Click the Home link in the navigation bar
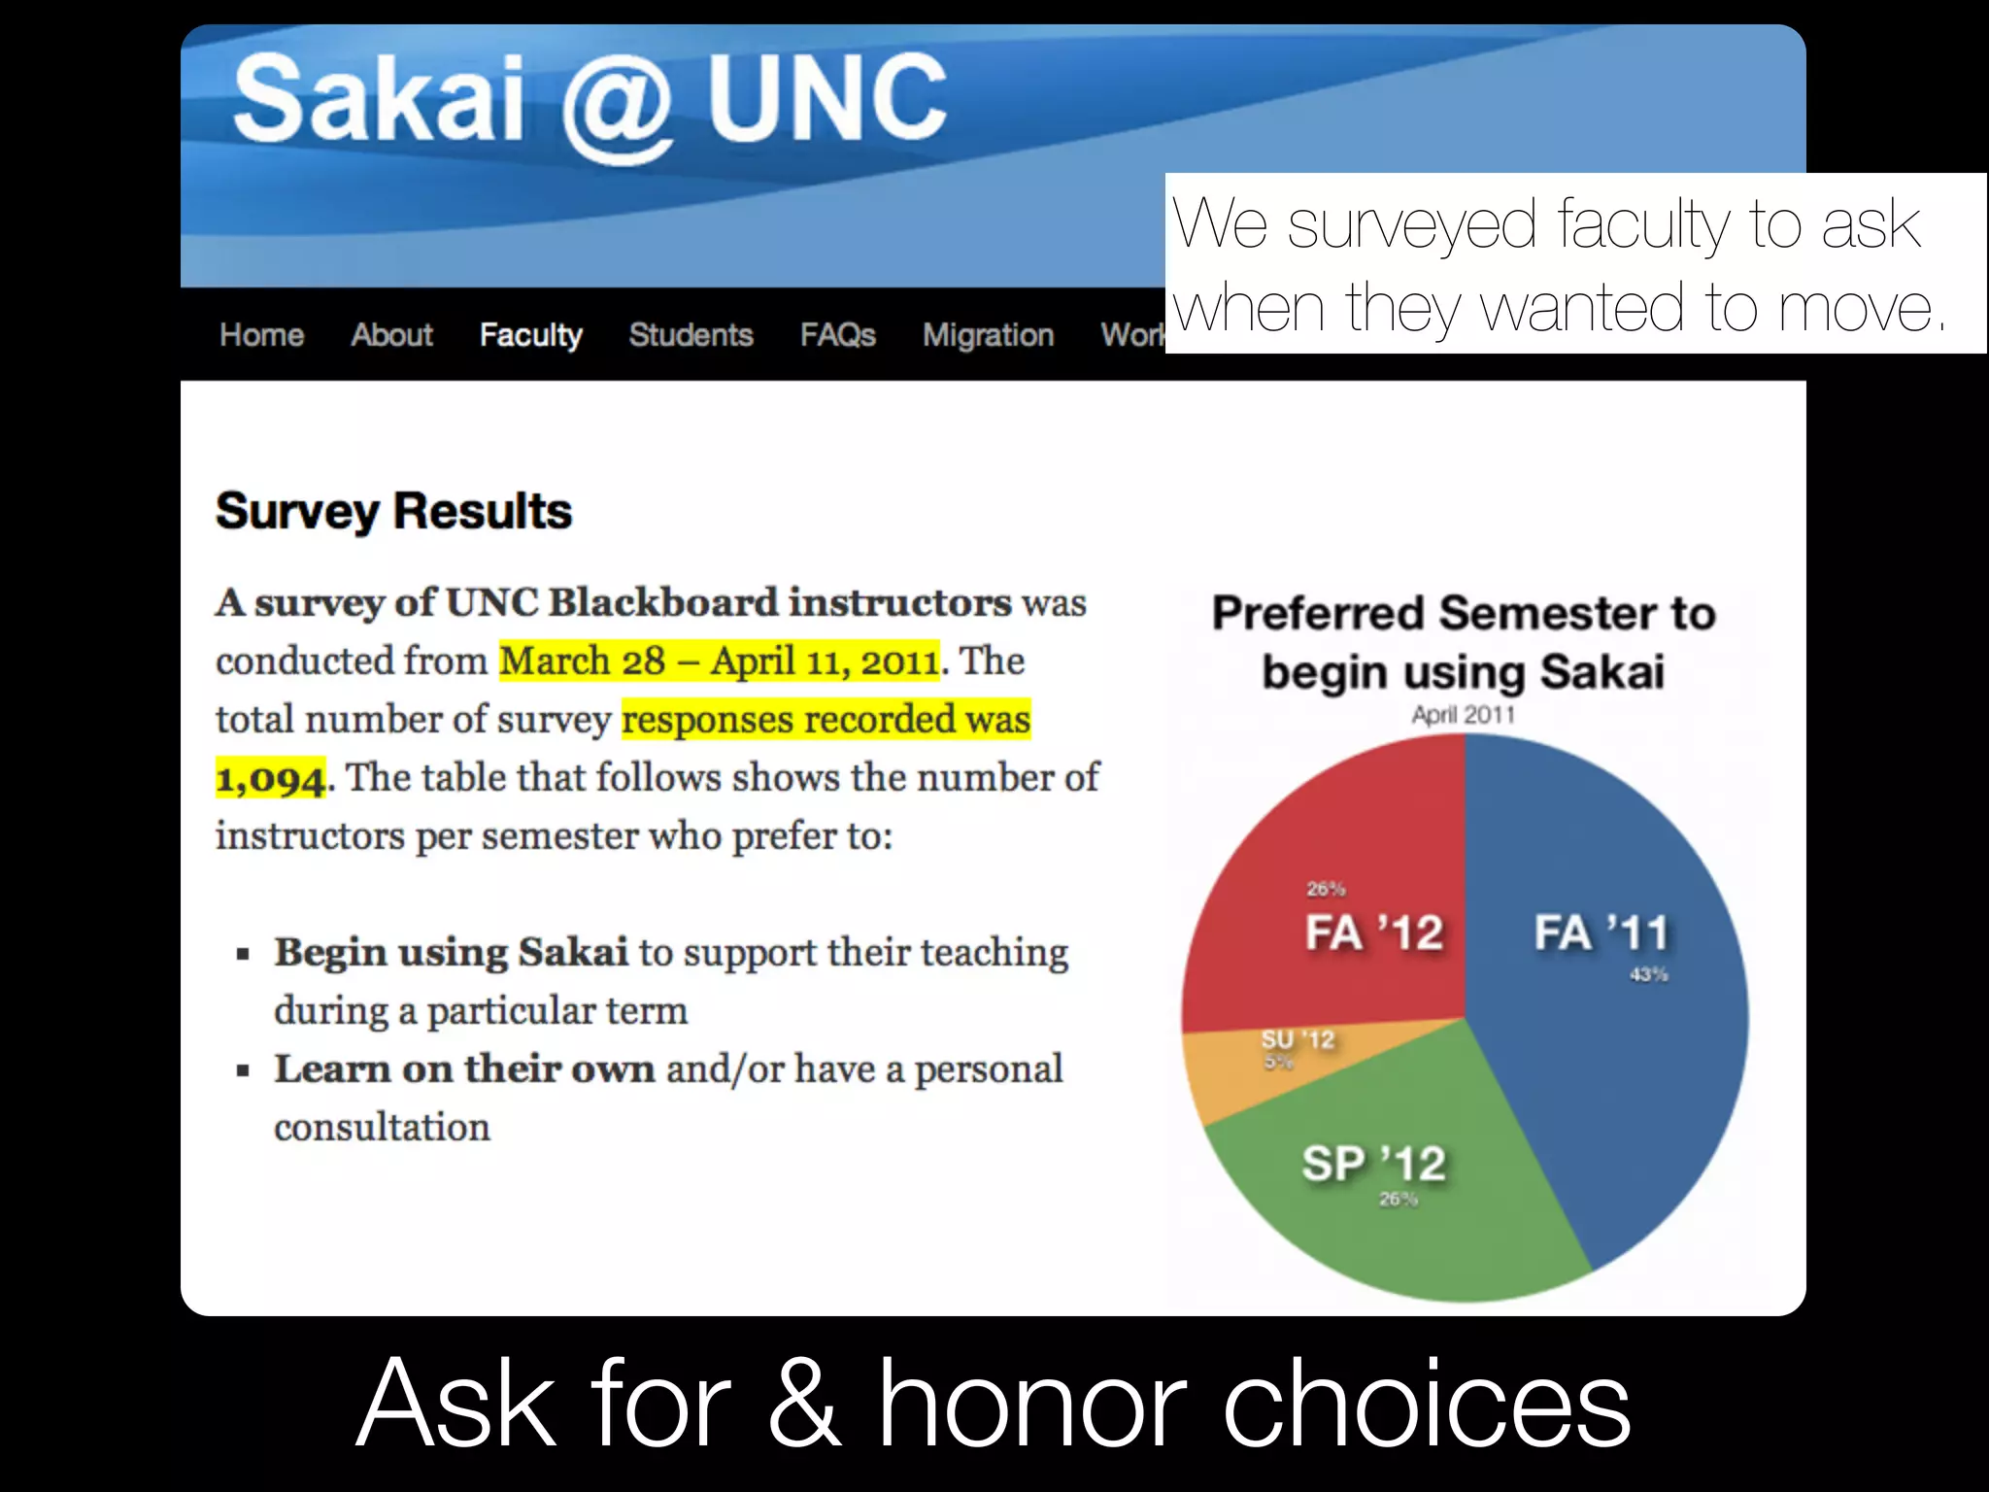click(x=261, y=335)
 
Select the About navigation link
click(x=391, y=335)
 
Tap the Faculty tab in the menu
click(x=530, y=335)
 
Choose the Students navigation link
click(x=691, y=335)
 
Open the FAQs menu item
click(x=837, y=335)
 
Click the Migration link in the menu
click(x=988, y=335)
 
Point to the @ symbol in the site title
click(x=616, y=105)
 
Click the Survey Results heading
click(x=393, y=511)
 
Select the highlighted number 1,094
click(x=271, y=778)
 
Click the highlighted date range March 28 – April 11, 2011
click(x=719, y=661)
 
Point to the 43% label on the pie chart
click(x=1648, y=974)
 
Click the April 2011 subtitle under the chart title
click(x=1463, y=715)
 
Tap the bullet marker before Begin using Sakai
click(x=243, y=954)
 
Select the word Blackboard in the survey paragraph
click(x=663, y=602)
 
